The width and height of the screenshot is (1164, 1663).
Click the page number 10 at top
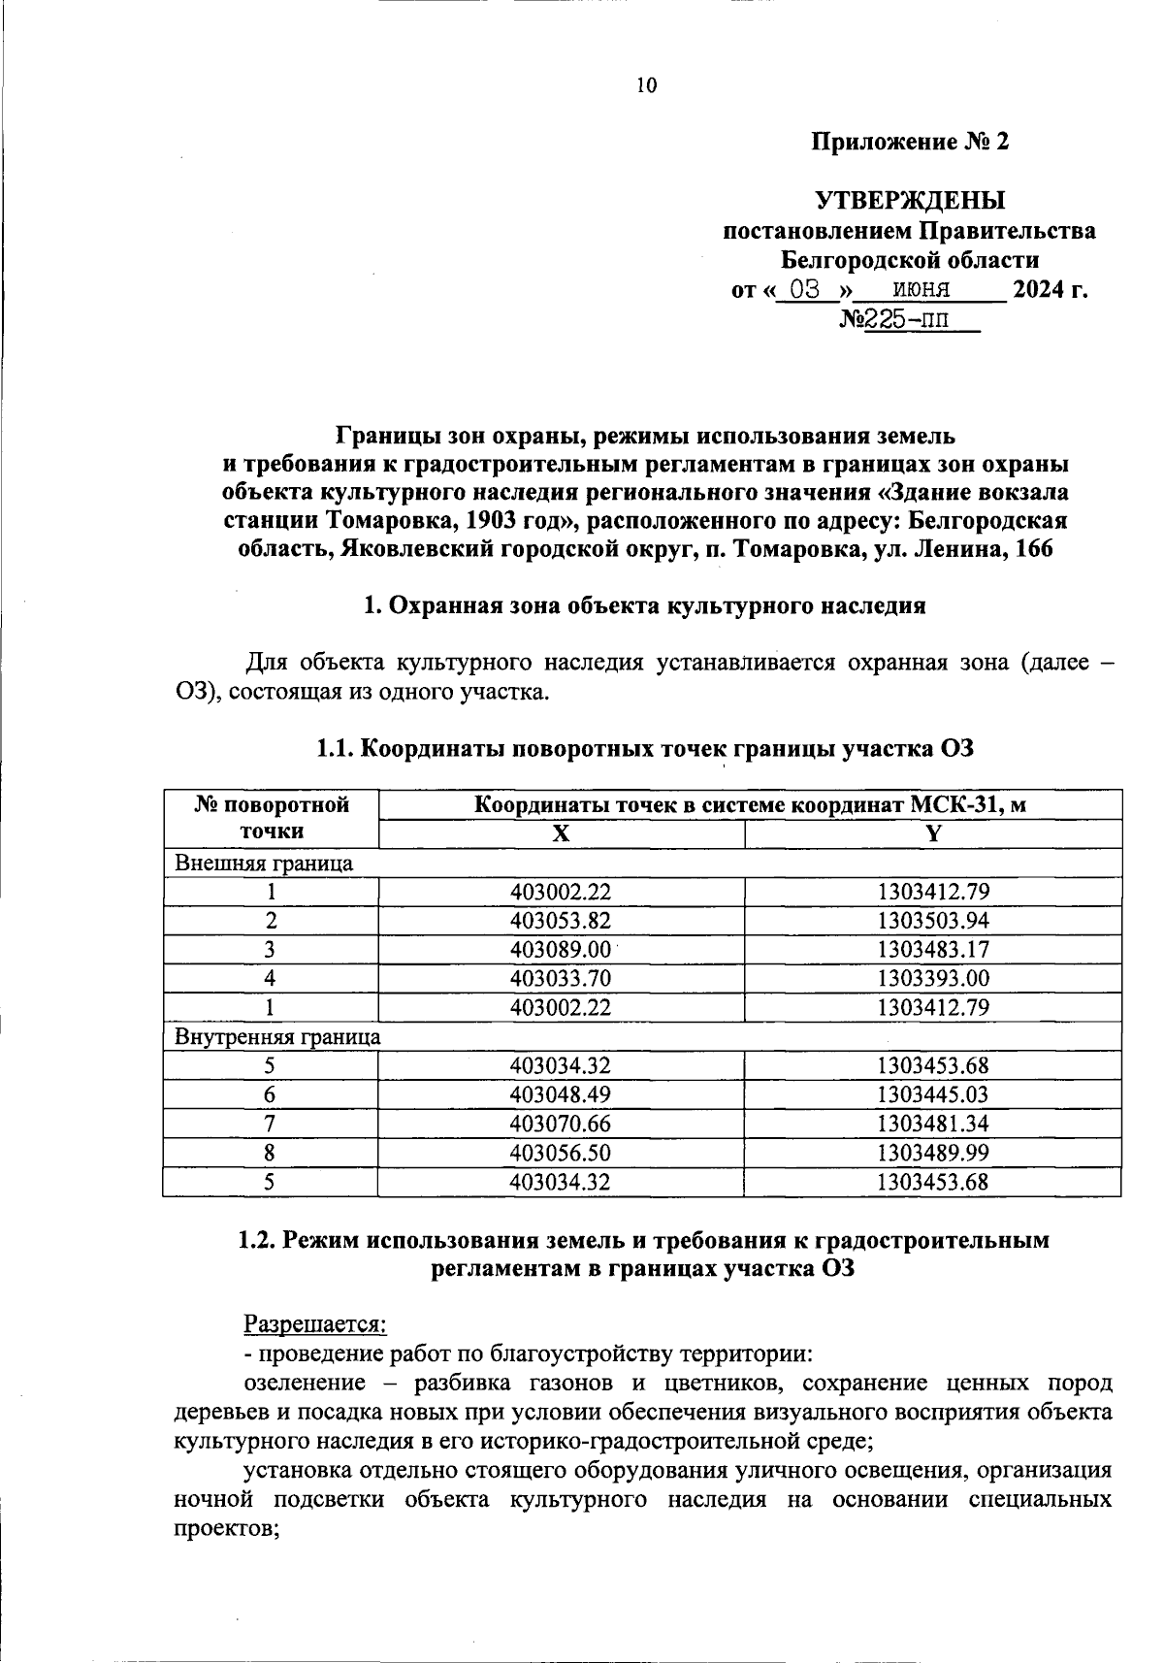[646, 85]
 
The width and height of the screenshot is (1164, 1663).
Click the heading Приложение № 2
[910, 143]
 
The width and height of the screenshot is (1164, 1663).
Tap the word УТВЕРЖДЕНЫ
[910, 201]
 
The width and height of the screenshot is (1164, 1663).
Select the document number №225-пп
[908, 319]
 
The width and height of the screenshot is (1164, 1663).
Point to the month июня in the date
[921, 289]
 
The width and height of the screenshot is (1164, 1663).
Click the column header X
[561, 833]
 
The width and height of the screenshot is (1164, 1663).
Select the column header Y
[932, 833]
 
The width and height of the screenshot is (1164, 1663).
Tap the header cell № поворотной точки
[271, 818]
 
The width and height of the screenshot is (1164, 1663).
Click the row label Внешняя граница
[263, 863]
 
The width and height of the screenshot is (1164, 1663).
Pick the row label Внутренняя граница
[277, 1036]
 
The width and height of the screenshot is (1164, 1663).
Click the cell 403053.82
[561, 920]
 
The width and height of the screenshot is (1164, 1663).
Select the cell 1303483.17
[932, 949]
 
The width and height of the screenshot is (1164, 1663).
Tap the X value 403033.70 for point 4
[561, 978]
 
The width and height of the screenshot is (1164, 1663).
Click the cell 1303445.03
[932, 1094]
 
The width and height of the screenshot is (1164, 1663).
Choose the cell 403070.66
[561, 1124]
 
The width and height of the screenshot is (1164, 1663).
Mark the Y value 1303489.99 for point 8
[932, 1153]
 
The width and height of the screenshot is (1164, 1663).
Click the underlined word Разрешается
[314, 1323]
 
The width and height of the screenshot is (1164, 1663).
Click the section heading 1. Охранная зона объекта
[644, 606]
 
